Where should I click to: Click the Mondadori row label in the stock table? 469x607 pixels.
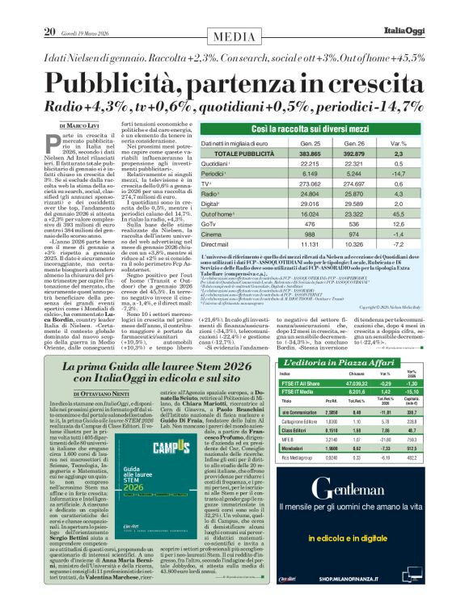(293, 447)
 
